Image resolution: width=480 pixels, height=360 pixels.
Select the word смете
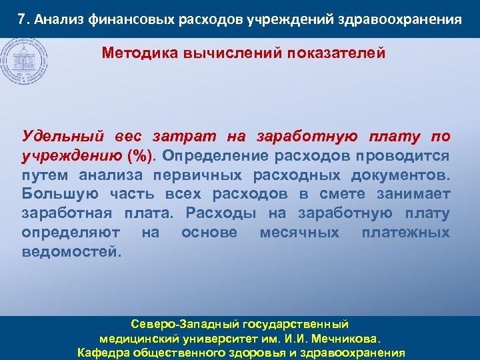[343, 195]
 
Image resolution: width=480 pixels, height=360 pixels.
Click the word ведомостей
[72, 253]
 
